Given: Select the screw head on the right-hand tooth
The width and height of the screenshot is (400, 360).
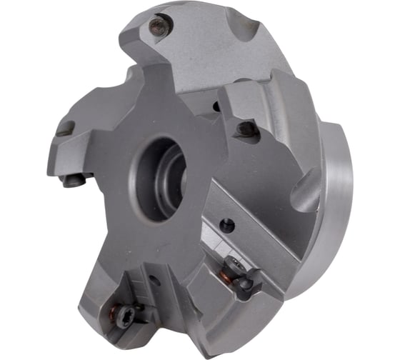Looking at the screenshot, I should point(247,130).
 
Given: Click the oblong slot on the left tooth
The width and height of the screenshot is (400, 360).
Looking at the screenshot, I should point(65,129).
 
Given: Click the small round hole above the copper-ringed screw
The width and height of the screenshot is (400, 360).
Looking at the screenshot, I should point(228,225).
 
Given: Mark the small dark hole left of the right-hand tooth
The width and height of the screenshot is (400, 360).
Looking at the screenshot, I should point(216,107).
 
